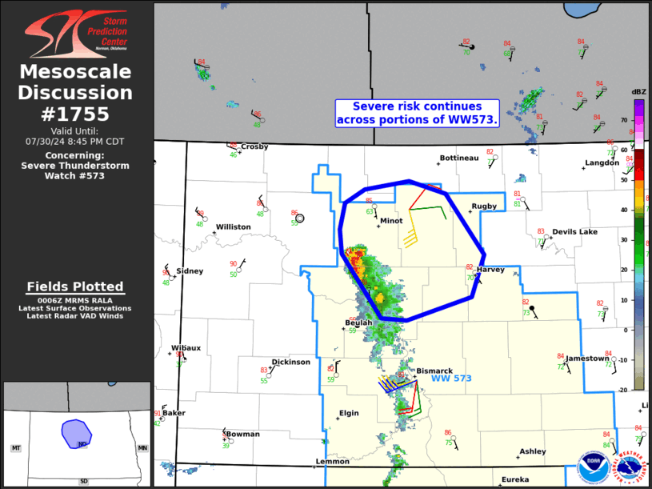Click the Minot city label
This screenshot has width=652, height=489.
point(391,221)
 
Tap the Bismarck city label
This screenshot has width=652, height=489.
point(434,371)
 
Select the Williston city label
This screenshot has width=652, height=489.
point(233,227)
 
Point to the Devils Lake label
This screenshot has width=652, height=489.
point(574,232)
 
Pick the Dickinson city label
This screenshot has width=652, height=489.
point(290,362)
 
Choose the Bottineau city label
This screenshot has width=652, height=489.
point(458,158)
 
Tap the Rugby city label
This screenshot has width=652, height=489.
point(484,206)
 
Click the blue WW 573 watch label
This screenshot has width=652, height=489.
point(452,379)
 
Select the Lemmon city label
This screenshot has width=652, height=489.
point(332,462)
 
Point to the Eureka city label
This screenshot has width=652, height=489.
point(515,479)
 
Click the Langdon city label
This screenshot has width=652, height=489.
point(602,163)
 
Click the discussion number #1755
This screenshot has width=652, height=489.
point(75,113)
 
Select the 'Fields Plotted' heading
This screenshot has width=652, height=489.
point(75,287)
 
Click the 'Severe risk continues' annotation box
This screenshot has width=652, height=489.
point(417,113)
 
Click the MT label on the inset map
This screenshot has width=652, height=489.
point(15,448)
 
